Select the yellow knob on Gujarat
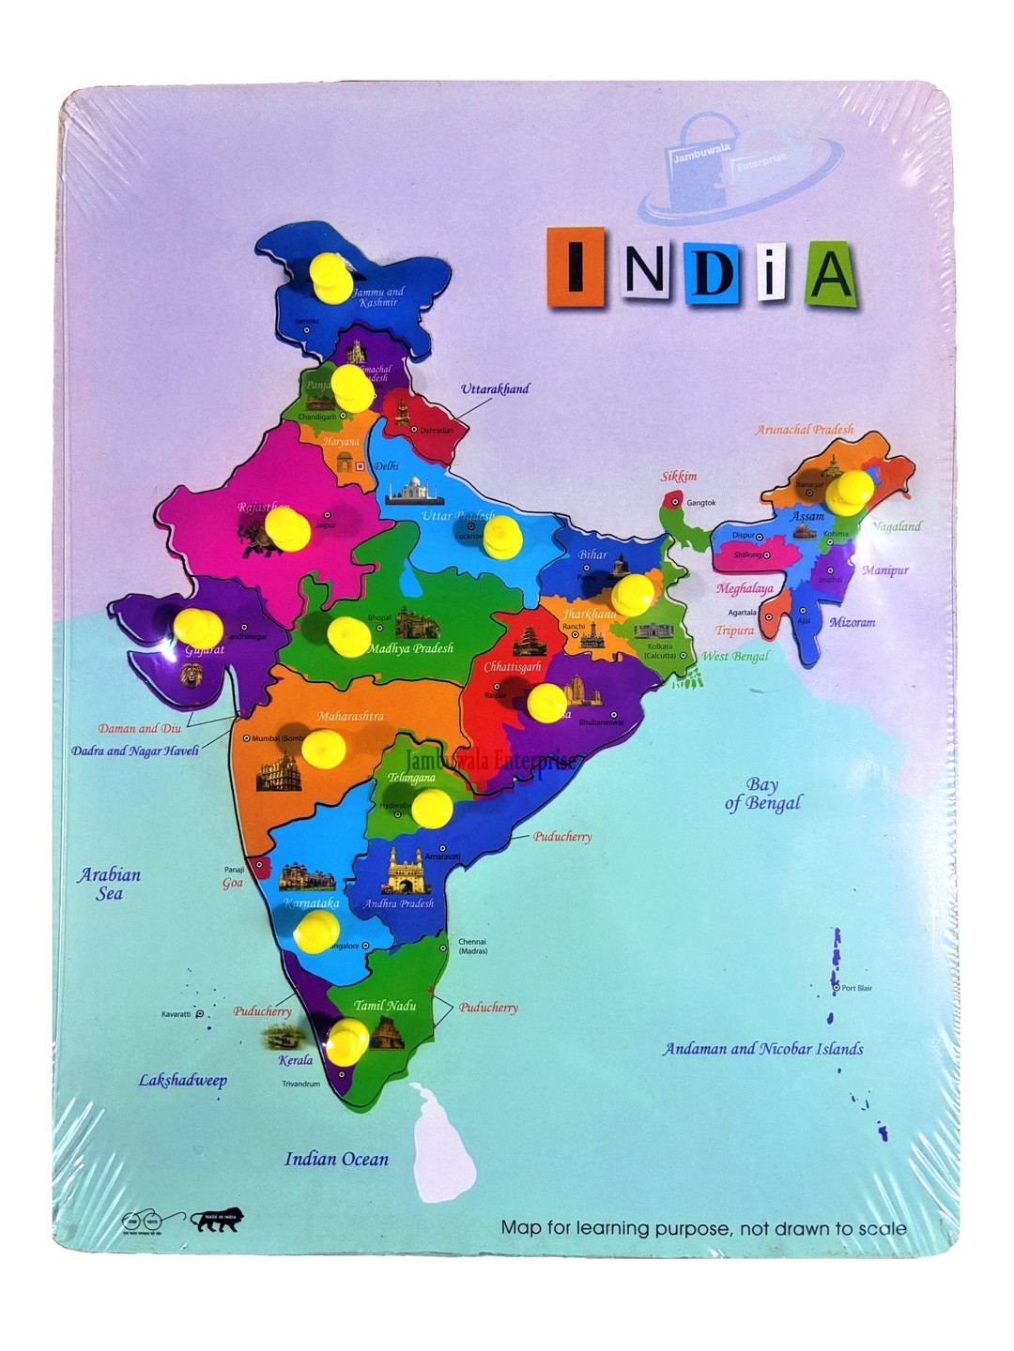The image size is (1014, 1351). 198,628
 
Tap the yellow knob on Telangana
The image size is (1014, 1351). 432,808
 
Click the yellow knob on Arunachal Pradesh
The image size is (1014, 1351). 852,490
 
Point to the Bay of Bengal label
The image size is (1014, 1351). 763,794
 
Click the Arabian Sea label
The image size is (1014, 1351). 109,884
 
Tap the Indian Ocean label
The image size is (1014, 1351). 336,1160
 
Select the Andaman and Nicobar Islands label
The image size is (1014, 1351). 762,1049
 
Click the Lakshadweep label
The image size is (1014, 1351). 183,1080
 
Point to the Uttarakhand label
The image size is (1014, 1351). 495,388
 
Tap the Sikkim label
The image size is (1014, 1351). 679,477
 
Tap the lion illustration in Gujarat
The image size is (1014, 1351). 192,674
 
